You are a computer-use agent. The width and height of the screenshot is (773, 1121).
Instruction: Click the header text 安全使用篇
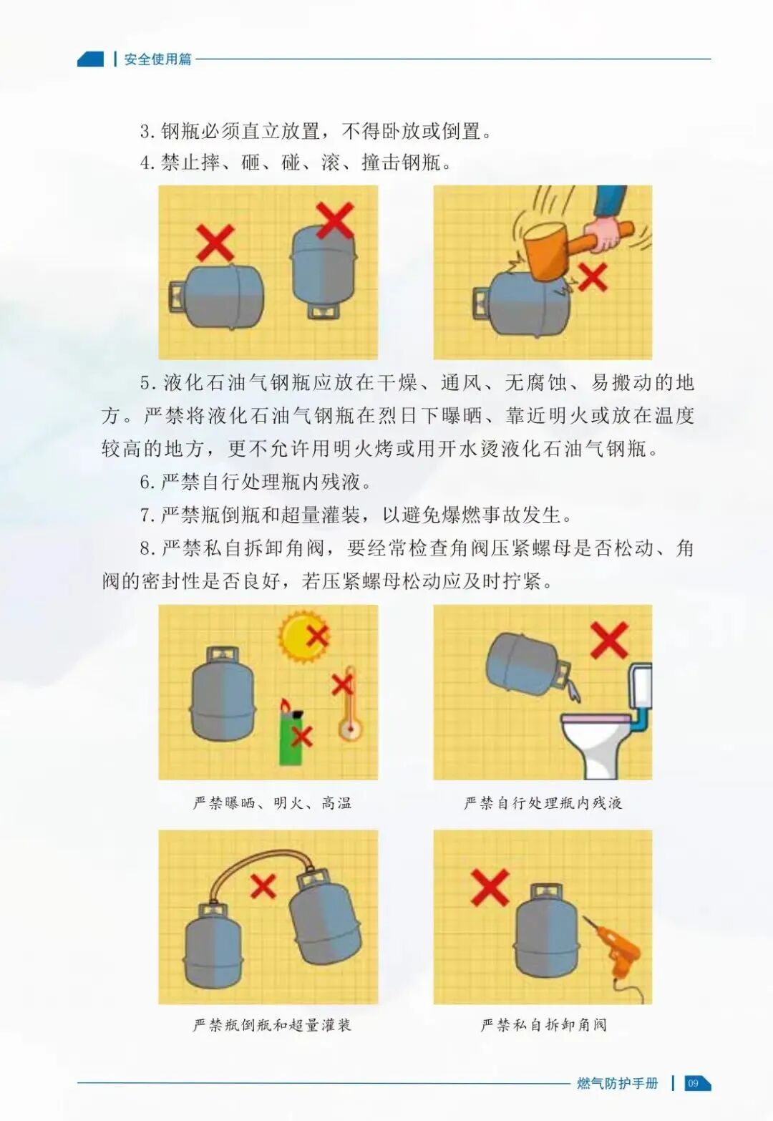[157, 59]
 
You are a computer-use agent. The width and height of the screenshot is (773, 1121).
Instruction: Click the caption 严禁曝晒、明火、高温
[272, 803]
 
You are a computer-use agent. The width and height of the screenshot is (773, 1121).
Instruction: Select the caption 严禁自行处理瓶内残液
[543, 803]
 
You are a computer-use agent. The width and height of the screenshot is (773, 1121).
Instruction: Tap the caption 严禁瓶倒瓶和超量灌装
[272, 1025]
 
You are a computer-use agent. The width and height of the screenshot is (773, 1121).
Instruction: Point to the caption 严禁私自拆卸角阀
[543, 1025]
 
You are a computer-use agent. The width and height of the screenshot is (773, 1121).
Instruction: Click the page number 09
[693, 1083]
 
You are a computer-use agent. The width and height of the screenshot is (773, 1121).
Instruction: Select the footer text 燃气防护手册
[617, 1083]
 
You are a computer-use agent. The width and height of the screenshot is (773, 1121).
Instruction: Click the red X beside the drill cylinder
[490, 888]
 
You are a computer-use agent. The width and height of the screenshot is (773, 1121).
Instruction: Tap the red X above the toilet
[609, 639]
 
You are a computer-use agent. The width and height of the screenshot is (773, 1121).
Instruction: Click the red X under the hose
[263, 886]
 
